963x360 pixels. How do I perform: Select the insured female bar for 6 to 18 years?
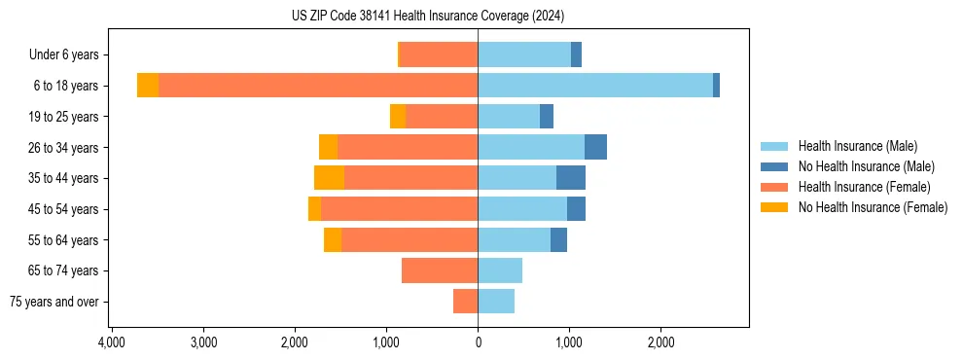point(318,86)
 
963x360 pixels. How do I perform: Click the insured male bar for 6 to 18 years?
point(595,86)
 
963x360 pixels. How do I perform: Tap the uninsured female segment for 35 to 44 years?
point(329,178)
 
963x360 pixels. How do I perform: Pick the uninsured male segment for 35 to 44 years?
point(571,178)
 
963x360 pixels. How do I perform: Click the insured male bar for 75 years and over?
point(496,302)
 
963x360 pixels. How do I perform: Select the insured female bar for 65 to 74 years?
point(440,270)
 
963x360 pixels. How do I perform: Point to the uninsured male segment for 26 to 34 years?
point(595,147)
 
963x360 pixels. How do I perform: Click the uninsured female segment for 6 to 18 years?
point(148,86)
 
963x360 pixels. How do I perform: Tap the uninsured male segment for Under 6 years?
point(576,54)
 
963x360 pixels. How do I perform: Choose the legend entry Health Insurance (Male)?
point(857,146)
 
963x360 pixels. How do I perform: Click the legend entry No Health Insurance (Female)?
point(873,207)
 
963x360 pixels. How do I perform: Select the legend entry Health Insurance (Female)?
point(864,187)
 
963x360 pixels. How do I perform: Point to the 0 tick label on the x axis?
point(478,343)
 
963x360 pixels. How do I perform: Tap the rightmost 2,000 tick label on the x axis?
point(660,343)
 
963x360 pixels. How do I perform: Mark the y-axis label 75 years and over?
point(54,302)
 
